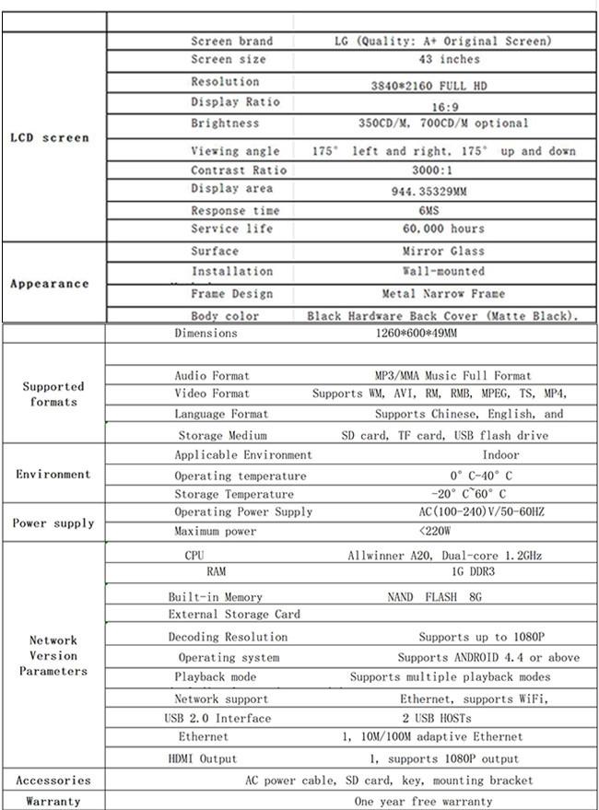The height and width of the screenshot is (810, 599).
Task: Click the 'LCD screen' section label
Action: [50, 138]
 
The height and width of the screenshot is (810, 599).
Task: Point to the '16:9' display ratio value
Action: [445, 107]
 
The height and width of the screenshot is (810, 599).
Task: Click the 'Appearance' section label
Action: [50, 284]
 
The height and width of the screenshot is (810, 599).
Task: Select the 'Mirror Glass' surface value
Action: [443, 251]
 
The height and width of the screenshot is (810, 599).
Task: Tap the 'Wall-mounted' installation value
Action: [443, 272]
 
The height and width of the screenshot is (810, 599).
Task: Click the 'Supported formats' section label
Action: [53, 394]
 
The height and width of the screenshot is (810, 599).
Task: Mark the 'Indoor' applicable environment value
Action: [500, 454]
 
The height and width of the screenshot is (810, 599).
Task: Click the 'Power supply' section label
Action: [53, 523]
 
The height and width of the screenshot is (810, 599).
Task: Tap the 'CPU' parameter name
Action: [194, 556]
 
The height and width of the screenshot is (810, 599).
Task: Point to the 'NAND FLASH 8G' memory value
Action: [434, 597]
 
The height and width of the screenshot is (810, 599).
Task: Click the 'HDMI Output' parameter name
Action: [203, 759]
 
